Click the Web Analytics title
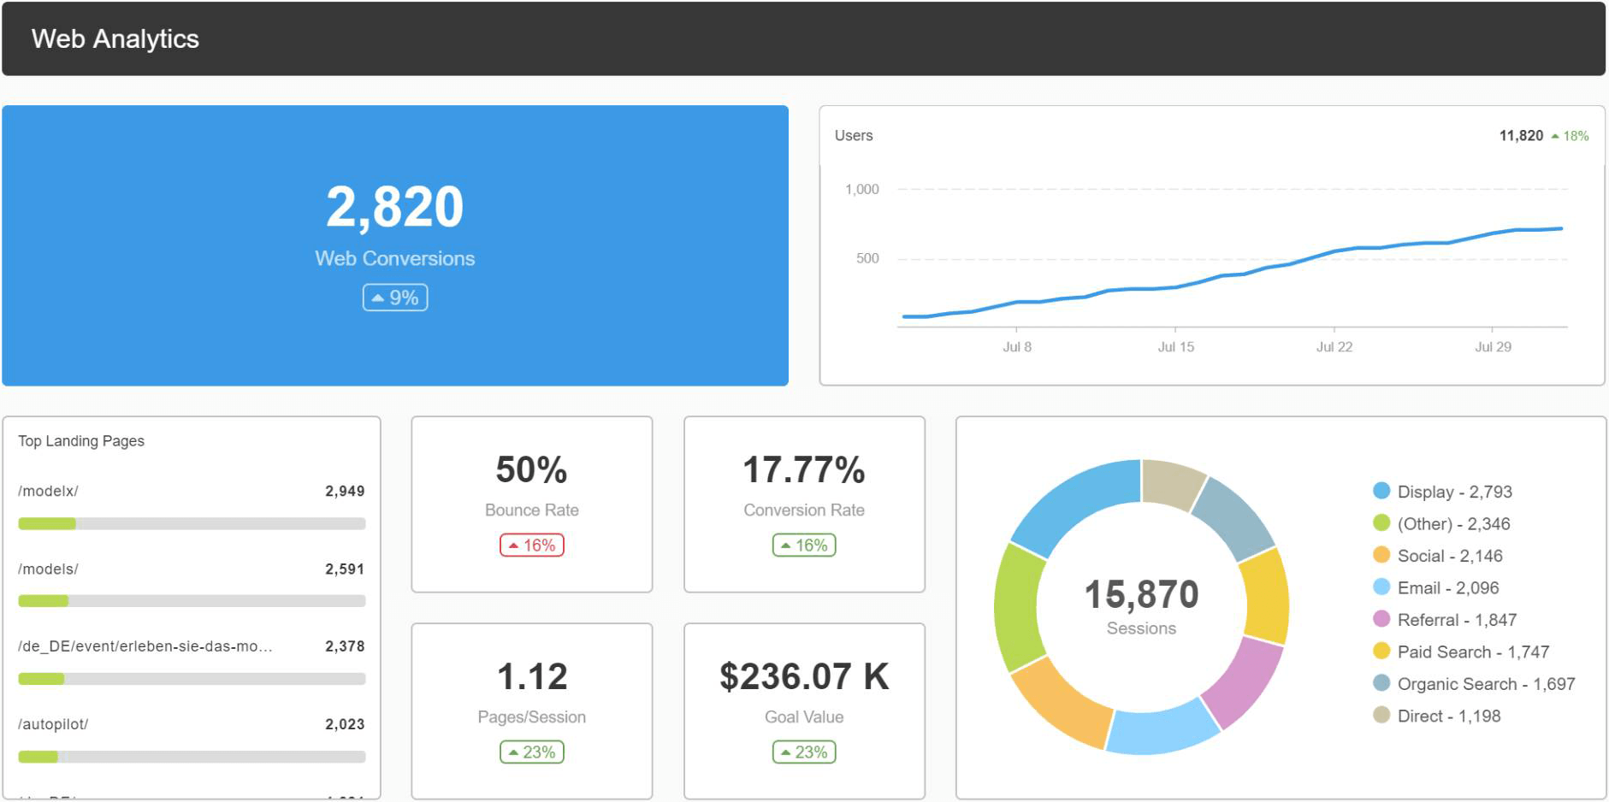[115, 39]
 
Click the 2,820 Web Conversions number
[394, 208]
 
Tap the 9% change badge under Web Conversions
[395, 298]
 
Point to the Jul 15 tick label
[1175, 347]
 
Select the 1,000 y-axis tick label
[861, 190]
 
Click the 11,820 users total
[1521, 136]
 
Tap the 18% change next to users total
[1571, 136]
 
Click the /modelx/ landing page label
[49, 492]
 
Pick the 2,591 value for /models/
[345, 569]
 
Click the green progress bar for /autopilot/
[38, 757]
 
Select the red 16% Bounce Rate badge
[532, 545]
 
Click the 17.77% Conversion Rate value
[804, 470]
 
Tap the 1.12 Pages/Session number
[532, 677]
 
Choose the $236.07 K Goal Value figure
[804, 677]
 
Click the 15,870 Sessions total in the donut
[1141, 595]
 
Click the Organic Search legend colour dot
[1381, 683]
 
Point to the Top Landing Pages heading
[81, 441]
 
